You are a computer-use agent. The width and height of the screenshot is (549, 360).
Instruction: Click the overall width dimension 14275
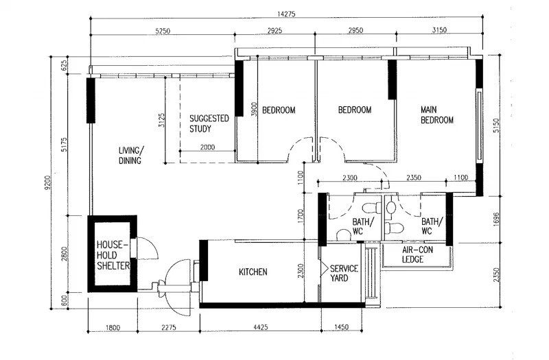pos(286,14)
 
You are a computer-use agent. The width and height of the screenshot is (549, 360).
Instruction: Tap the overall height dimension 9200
pos(47,182)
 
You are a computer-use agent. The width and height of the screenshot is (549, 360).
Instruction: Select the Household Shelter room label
pos(113,255)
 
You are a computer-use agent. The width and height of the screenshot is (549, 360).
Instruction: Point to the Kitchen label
pos(253,272)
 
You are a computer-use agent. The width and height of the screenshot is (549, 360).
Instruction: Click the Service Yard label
pos(344,273)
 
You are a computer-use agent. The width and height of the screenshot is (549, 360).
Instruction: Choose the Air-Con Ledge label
pos(417,254)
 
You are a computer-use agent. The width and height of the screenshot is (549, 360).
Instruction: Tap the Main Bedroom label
pos(437,115)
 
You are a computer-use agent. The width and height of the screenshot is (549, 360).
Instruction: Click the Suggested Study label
pos(209,123)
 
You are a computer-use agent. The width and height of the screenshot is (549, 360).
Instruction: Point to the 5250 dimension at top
pos(163,31)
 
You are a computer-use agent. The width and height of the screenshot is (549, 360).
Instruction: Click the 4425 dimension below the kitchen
pos(261,327)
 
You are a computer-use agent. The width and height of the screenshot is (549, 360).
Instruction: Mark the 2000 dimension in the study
pos(207,147)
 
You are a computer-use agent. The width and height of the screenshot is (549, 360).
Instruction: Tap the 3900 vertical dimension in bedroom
pos(255,109)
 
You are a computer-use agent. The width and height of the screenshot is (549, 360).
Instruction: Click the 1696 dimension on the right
pos(495,219)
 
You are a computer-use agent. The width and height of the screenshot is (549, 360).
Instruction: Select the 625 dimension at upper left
pos(65,65)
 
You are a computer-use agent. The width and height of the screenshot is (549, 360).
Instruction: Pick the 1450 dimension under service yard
pos(341,327)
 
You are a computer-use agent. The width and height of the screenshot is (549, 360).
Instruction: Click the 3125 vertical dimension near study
pos(162,120)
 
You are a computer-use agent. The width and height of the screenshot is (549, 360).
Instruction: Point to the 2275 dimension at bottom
pos(168,328)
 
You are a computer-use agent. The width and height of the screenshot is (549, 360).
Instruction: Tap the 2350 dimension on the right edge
pos(495,275)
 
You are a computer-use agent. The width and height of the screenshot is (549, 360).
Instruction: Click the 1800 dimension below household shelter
pos(113,328)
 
